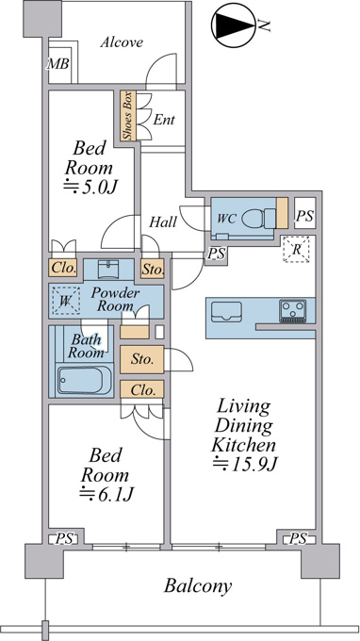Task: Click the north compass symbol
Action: tap(234, 25)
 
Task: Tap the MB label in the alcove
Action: tap(58, 64)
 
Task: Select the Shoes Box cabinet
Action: tap(127, 116)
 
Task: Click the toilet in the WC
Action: tap(259, 218)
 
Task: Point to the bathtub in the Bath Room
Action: tap(85, 380)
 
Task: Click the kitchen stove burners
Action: tap(292, 311)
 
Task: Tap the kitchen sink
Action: tap(226, 312)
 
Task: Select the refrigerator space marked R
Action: tap(297, 249)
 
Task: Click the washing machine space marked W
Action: tap(65, 301)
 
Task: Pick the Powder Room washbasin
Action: tap(108, 269)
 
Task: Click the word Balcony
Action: tap(198, 586)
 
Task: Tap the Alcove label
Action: tap(122, 42)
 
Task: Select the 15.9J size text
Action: tap(245, 464)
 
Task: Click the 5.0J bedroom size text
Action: tap(90, 188)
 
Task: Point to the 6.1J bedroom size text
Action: tap(106, 494)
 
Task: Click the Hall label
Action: tap(163, 222)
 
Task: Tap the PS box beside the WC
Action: tap(304, 216)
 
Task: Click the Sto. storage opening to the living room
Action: tap(141, 359)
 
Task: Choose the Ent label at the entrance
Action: tap(164, 120)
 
